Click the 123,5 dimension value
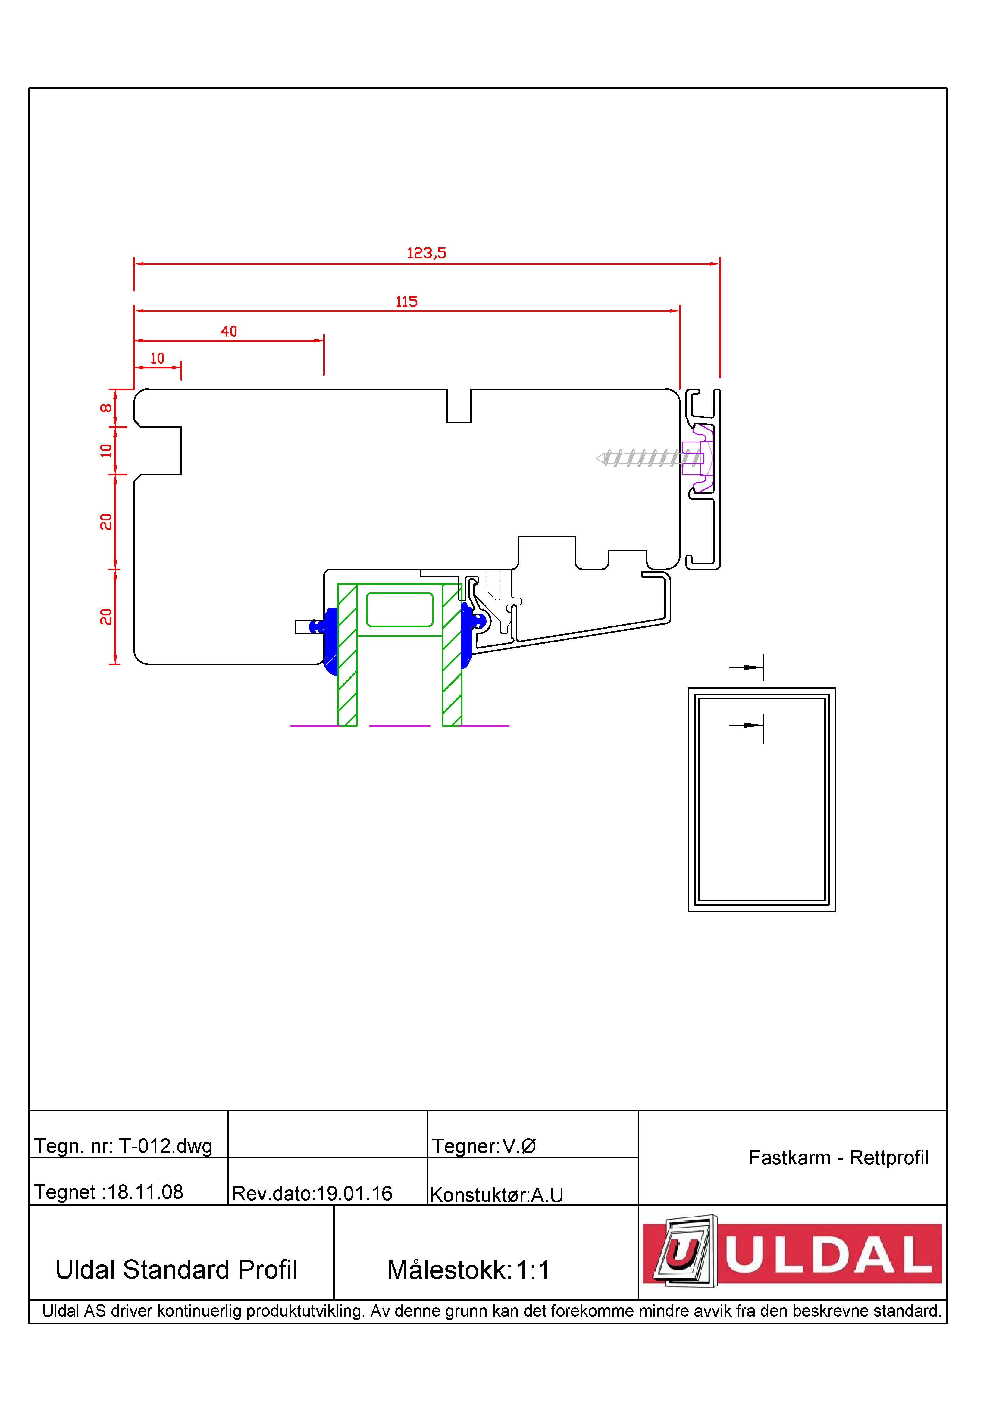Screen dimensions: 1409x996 tap(427, 253)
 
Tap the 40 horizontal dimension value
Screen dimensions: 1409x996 tap(229, 331)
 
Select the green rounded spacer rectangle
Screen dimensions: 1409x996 tap(399, 609)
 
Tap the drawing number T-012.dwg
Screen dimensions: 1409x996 tap(166, 1146)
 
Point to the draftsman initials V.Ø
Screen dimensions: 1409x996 tap(519, 1146)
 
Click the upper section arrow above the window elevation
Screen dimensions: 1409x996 tap(746, 667)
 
